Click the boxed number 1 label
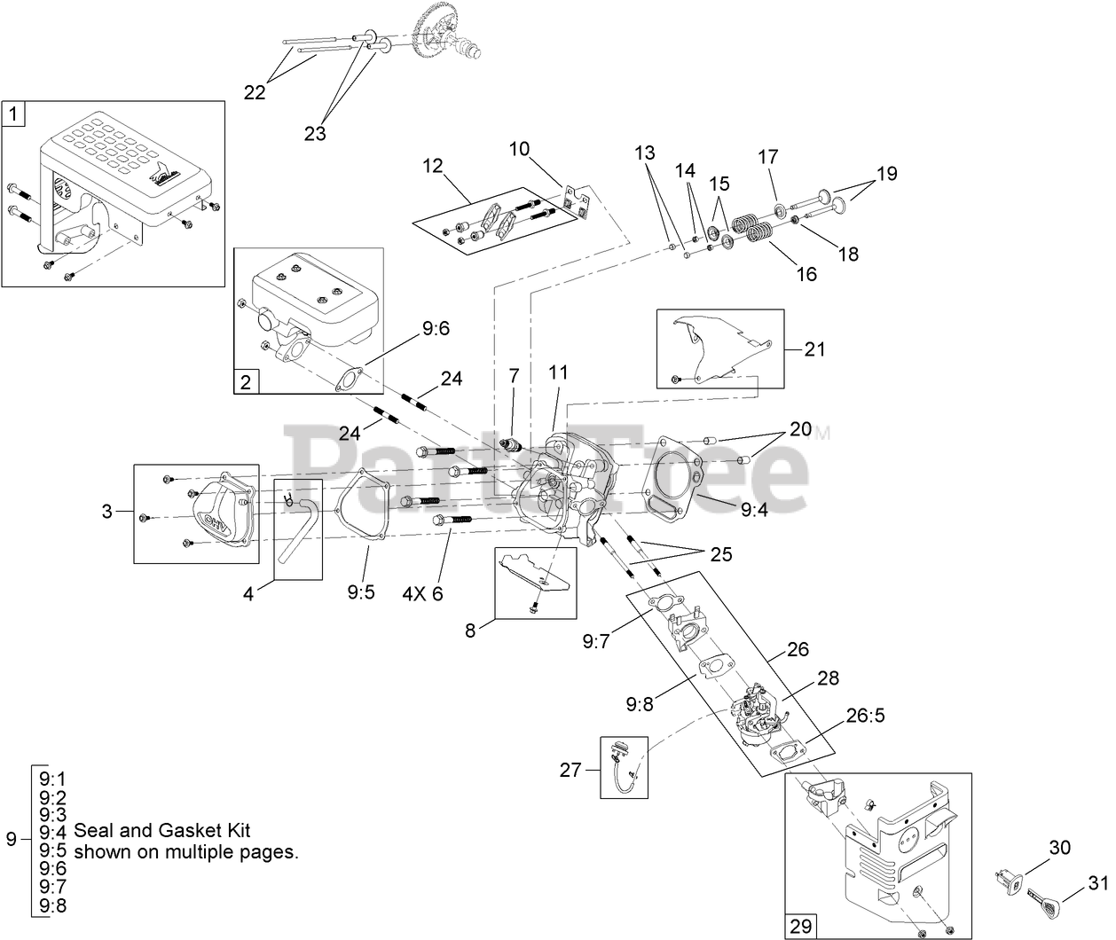point(13,114)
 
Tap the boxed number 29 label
point(799,926)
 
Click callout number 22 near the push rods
point(255,92)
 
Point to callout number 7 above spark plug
point(513,375)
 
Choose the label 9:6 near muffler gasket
point(436,329)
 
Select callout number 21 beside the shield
point(814,349)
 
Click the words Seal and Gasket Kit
point(162,831)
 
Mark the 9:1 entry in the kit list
point(53,778)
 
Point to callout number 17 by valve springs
point(767,157)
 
